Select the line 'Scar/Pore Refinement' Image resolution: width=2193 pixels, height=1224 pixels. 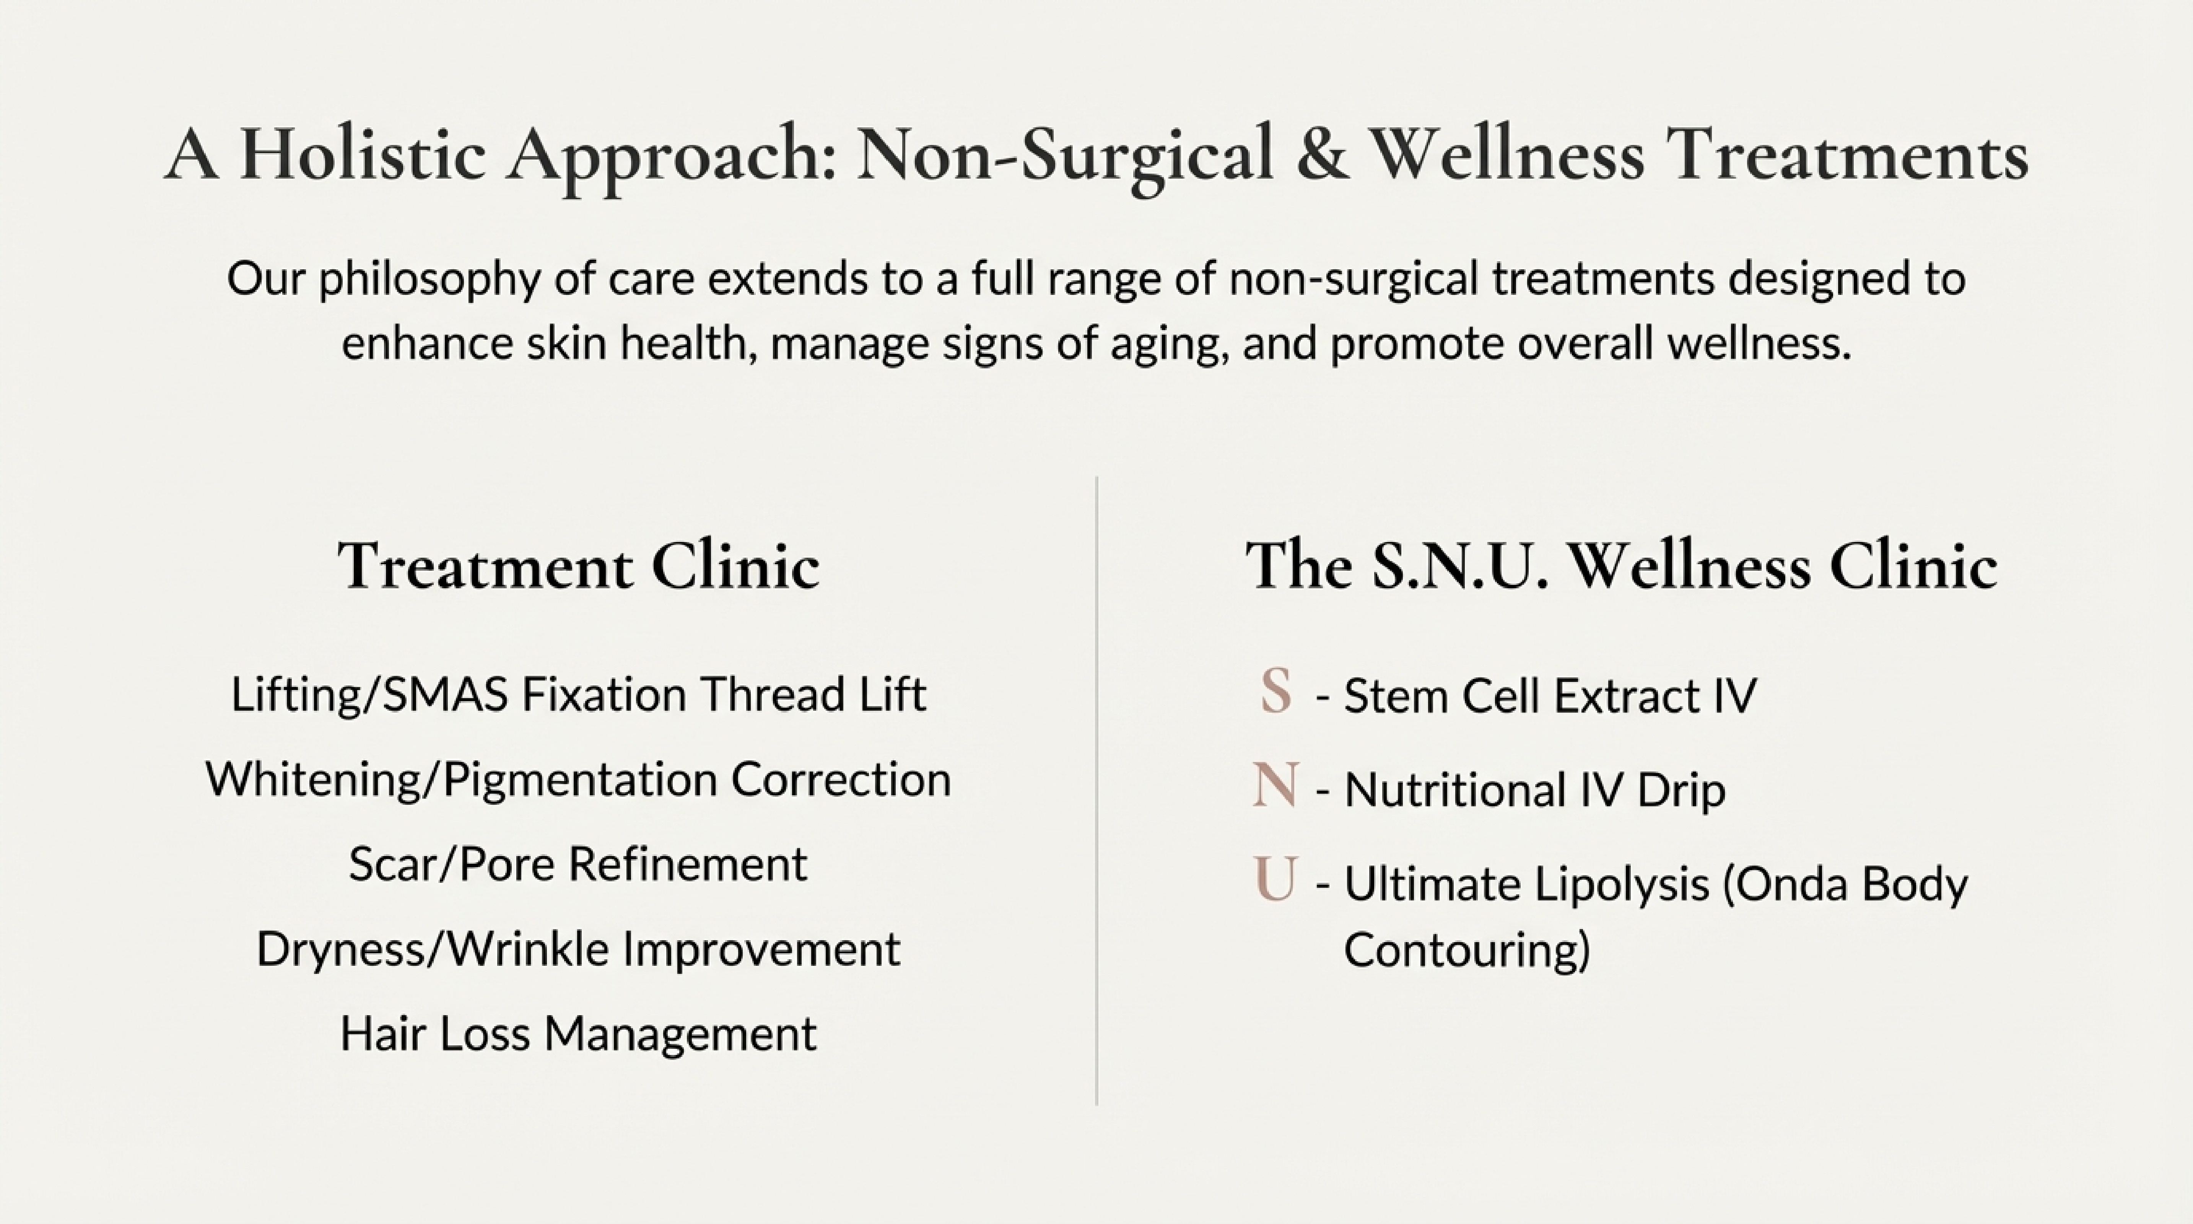(x=578, y=864)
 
